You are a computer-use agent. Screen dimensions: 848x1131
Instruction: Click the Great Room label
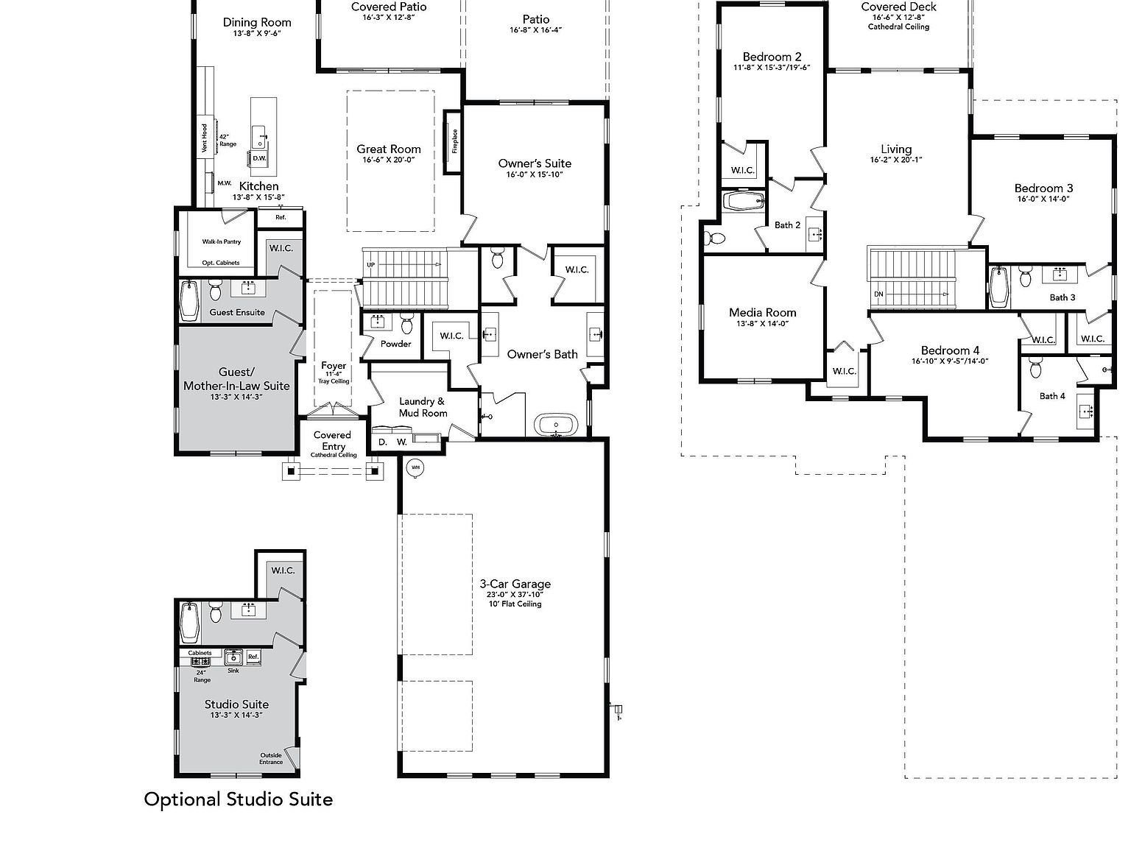pos(389,149)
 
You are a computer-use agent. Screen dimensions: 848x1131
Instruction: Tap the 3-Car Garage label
pos(515,584)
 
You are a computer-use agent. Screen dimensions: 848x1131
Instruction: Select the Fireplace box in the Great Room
pos(454,141)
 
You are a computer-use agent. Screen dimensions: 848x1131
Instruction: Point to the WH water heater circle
pos(415,467)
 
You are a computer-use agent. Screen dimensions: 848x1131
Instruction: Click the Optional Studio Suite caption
pos(238,799)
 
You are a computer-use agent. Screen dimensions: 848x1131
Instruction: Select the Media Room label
pos(762,313)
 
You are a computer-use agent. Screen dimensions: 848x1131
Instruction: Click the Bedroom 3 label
pos(1043,188)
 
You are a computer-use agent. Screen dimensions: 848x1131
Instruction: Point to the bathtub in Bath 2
pos(744,201)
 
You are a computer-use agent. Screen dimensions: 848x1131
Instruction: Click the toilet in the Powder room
pos(407,322)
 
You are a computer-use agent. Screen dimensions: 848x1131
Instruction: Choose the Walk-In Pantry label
pos(221,241)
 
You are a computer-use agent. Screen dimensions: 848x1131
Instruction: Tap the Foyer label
pos(334,366)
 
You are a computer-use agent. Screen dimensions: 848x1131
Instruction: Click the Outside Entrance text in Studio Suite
pos(271,758)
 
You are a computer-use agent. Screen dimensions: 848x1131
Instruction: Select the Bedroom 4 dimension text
pos(949,361)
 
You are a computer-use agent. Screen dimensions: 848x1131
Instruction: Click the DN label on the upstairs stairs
pos(878,294)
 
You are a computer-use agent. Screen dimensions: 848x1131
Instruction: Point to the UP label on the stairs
pos(370,265)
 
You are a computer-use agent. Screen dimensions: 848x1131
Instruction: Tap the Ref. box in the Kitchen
pos(281,218)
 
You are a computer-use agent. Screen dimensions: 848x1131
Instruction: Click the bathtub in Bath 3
pos(998,286)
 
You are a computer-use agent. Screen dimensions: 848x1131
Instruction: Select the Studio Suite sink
pos(233,657)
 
